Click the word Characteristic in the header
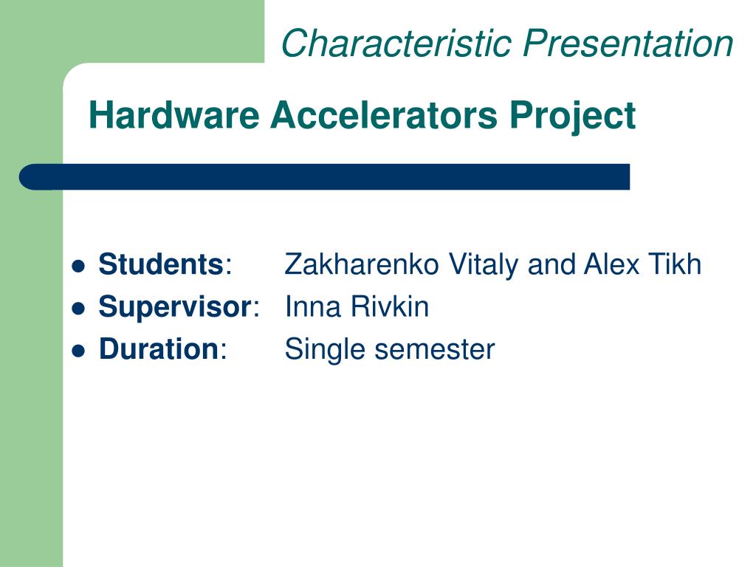[397, 43]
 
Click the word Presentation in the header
[628, 43]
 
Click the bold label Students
[161, 264]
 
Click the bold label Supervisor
[175, 307]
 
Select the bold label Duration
[158, 349]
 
